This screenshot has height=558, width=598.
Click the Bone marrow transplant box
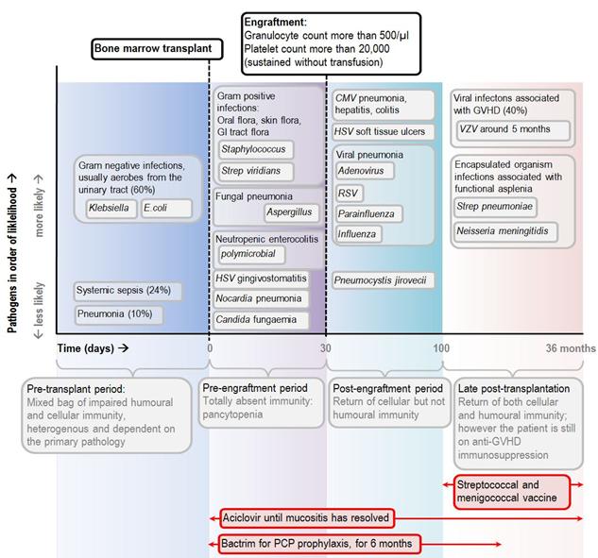pos(158,49)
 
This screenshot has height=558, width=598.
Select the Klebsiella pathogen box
pos(110,206)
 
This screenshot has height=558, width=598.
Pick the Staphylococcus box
pos(255,149)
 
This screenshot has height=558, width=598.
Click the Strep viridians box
pos(255,172)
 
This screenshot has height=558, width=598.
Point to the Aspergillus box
pos(289,212)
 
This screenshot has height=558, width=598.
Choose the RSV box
pos(350,193)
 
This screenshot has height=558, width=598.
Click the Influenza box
pos(360,233)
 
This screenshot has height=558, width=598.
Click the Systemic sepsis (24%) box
pos(129,290)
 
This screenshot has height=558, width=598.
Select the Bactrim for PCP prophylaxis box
pos(318,544)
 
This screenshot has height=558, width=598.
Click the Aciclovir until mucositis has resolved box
pos(303,518)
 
